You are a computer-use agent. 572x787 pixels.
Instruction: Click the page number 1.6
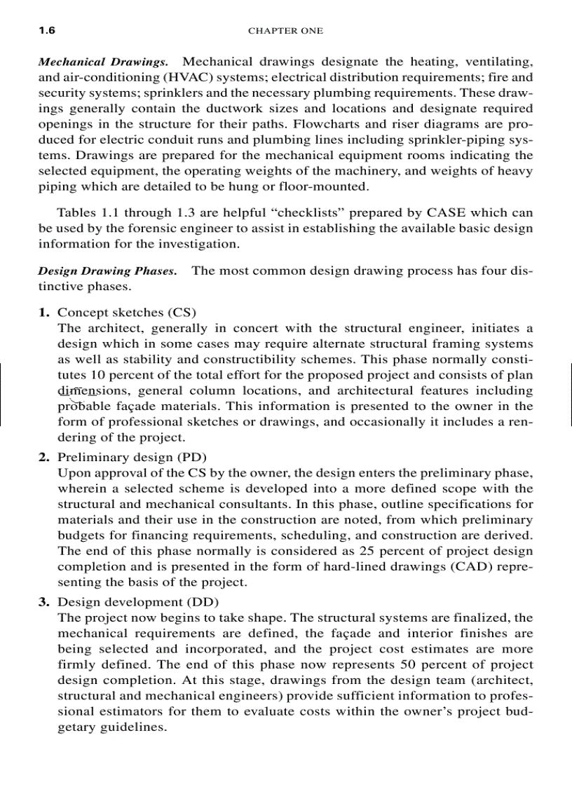point(46,31)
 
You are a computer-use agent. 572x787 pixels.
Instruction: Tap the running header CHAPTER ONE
point(285,31)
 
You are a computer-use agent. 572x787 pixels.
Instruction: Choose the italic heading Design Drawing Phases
point(107,271)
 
